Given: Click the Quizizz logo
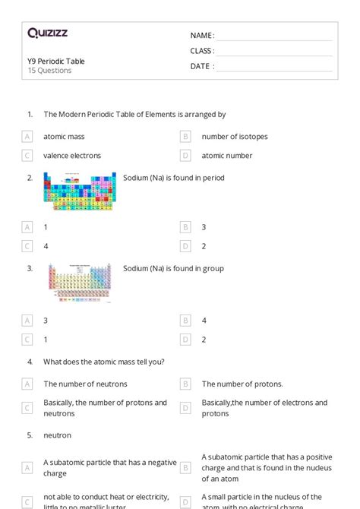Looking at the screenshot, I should pyautogui.click(x=48, y=33).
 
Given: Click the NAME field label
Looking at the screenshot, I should pyautogui.click(x=202, y=36).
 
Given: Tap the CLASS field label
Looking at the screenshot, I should pyautogui.click(x=202, y=51).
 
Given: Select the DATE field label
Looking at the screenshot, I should pyautogui.click(x=202, y=66).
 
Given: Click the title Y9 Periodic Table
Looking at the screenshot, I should pyautogui.click(x=56, y=61).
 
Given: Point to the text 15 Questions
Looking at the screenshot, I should pyautogui.click(x=49, y=71).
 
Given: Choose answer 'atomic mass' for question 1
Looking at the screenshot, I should pyautogui.click(x=64, y=137).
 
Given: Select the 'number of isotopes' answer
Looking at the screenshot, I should pyautogui.click(x=234, y=137).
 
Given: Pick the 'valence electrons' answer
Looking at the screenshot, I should pyautogui.click(x=72, y=156).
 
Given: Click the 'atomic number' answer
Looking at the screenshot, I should pyautogui.click(x=226, y=156).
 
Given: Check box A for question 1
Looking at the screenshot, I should pyautogui.click(x=27, y=137).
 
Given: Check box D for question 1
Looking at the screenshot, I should pyautogui.click(x=185, y=156).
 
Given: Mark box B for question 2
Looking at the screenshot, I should pyautogui.click(x=185, y=227).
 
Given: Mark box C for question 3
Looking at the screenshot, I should pyautogui.click(x=27, y=340).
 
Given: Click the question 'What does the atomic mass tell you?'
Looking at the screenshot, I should pyautogui.click(x=104, y=362).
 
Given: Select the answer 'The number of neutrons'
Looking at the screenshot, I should pyautogui.click(x=85, y=384).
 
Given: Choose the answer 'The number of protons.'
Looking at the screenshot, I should pyautogui.click(x=242, y=384).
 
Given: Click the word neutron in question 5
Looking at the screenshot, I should pyautogui.click(x=57, y=435).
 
